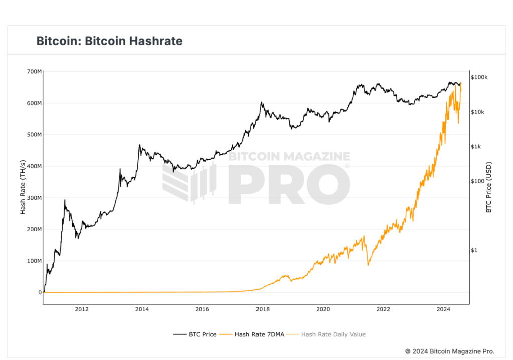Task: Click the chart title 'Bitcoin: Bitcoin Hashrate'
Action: (109, 41)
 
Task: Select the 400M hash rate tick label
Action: (34, 166)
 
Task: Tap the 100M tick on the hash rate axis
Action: (34, 261)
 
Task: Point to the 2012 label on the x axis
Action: (82, 309)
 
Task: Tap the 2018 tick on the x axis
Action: (263, 309)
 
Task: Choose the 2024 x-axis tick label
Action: (443, 309)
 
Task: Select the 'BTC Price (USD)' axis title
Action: (489, 187)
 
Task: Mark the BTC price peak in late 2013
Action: (139, 145)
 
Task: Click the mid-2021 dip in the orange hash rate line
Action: (368, 265)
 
